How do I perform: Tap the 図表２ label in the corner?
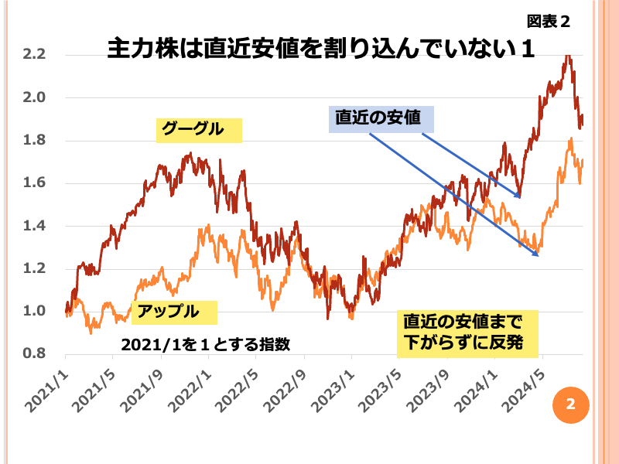549,21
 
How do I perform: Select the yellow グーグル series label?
199,129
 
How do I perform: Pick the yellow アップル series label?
173,312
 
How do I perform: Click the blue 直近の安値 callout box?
381,119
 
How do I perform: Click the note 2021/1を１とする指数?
205,344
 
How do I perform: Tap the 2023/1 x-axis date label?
332,384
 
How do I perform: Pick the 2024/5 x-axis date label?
523,384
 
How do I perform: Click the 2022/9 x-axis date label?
285,384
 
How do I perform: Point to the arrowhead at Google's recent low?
521,196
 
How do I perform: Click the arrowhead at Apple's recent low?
536,254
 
